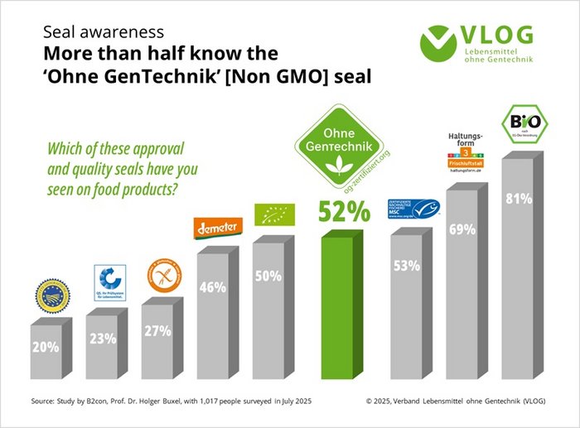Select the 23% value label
click(103, 339)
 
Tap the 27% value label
click(157, 330)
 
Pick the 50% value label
click(268, 277)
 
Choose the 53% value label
click(406, 267)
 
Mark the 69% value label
click(462, 228)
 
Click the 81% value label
click(517, 199)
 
